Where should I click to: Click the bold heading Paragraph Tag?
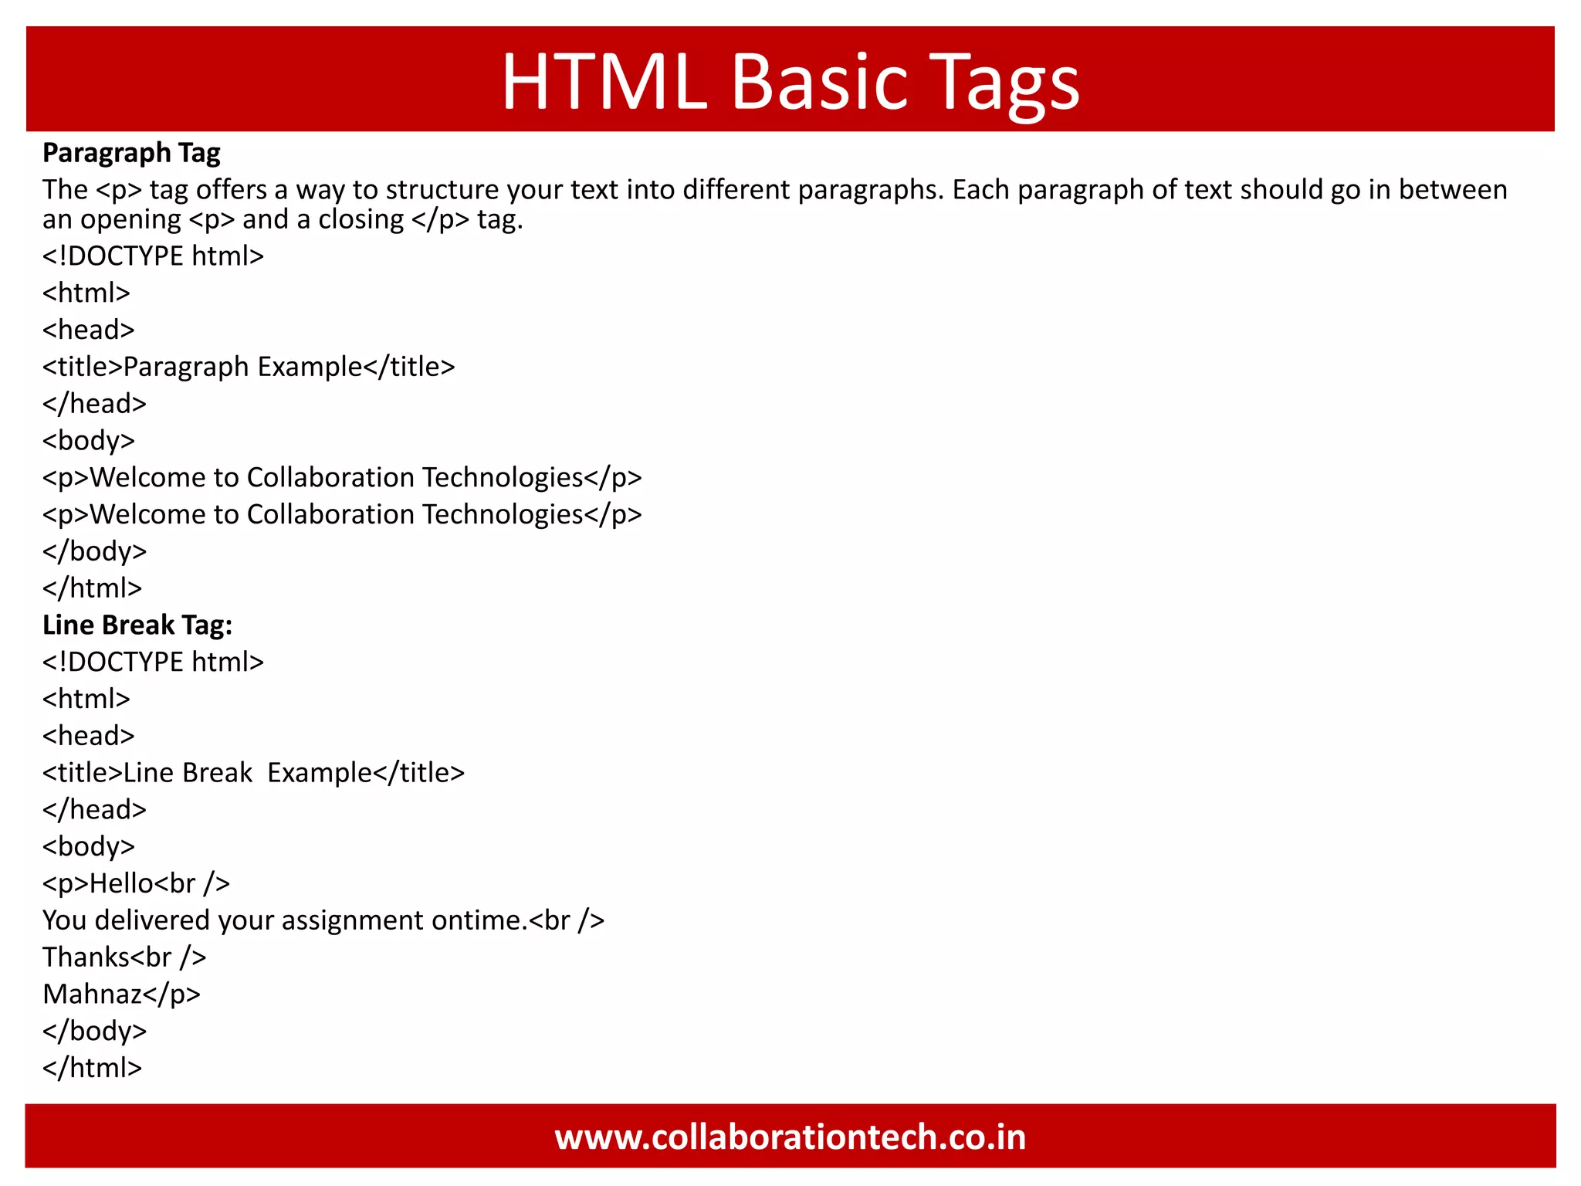(131, 153)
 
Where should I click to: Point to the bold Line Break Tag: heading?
(137, 625)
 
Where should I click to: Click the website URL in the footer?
(790, 1137)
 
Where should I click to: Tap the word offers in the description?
(235, 190)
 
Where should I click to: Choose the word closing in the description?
(361, 220)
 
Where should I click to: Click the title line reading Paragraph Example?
(249, 367)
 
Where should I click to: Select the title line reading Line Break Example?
(253, 773)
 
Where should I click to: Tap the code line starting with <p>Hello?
(136, 883)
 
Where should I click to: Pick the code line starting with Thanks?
(124, 957)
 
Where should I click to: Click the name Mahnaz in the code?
(92, 995)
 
